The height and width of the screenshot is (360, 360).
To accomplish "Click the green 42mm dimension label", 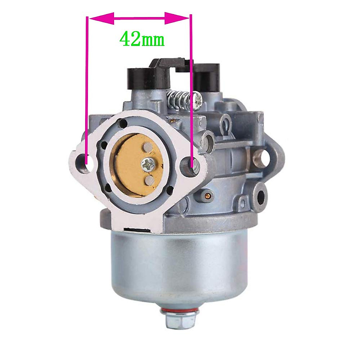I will [x=142, y=39].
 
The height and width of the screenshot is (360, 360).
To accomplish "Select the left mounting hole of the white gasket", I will [x=84, y=162].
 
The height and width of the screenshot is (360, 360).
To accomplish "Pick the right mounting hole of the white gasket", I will [x=193, y=163].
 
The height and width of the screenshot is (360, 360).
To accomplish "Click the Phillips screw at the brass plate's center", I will [x=148, y=165].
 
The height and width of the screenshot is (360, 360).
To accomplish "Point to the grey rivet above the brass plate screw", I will [x=147, y=147].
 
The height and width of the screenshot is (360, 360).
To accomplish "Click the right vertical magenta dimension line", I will [x=191, y=90].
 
